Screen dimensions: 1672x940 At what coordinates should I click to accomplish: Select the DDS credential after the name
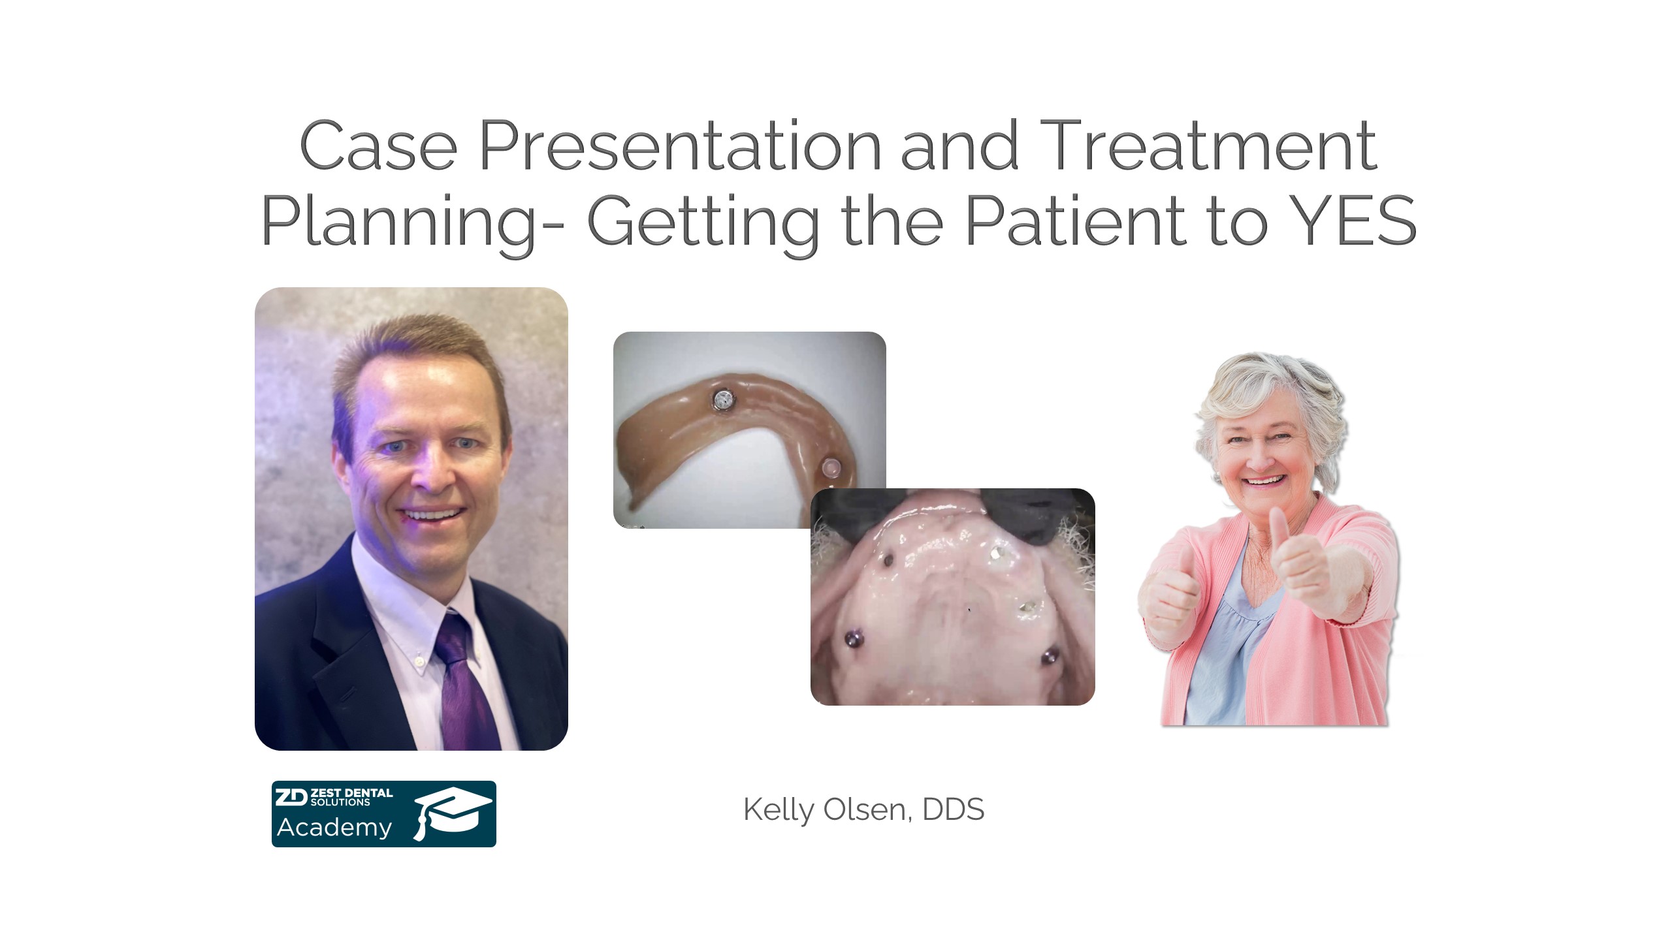pos(953,809)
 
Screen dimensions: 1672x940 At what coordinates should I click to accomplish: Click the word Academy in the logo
pos(334,828)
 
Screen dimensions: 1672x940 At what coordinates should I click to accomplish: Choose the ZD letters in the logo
pos(291,797)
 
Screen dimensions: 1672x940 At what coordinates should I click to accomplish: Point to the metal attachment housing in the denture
pos(723,399)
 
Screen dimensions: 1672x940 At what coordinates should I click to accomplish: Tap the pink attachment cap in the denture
pos(830,468)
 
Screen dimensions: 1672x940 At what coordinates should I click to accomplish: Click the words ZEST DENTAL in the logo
pos(351,793)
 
